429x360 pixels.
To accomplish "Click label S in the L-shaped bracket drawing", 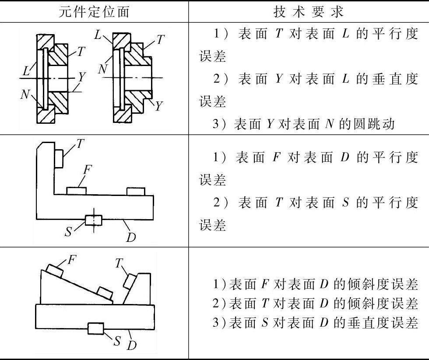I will [69, 231].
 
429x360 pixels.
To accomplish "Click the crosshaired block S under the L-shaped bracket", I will [93, 220].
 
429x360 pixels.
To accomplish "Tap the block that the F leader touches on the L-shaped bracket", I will [77, 191].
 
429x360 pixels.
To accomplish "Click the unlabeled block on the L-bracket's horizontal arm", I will [135, 191].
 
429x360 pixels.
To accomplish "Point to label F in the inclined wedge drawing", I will [71, 259].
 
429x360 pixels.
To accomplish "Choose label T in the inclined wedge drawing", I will [119, 263].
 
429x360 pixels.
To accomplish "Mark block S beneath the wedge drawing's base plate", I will [95, 328].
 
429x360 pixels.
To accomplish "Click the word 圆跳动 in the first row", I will [376, 124].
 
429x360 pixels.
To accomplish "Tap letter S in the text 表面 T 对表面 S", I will [345, 203].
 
